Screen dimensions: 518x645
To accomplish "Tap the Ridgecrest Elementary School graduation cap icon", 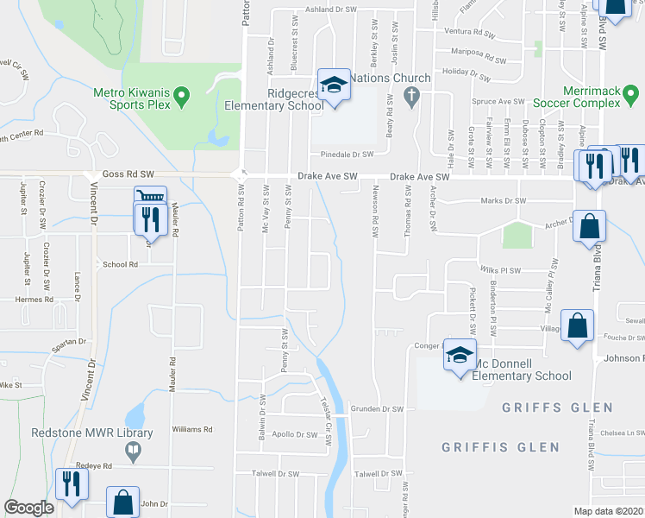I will (x=332, y=85).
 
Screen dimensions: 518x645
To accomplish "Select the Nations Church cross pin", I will (x=412, y=96).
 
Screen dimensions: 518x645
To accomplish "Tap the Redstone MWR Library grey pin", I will (x=133, y=450).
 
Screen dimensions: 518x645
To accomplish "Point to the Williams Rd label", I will (x=192, y=429).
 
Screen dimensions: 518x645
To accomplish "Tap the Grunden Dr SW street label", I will (x=377, y=408).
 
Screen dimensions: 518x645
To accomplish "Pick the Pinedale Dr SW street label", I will (x=346, y=155).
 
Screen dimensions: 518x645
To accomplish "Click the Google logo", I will (x=28, y=508).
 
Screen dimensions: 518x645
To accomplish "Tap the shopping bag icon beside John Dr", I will (x=123, y=502).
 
